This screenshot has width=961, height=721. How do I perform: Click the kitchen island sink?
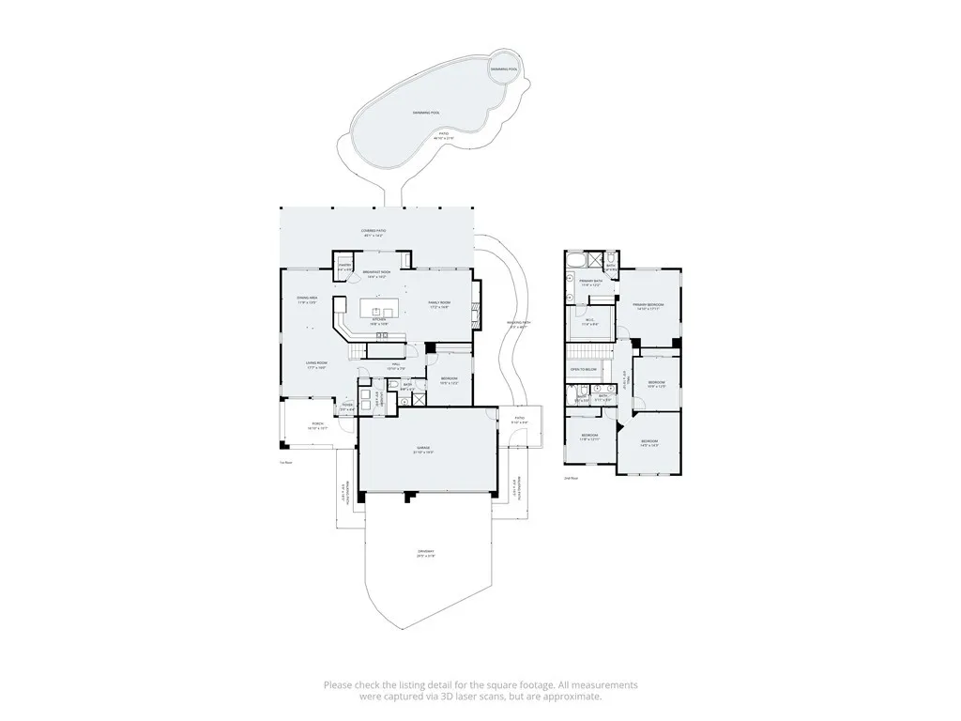tap(380, 311)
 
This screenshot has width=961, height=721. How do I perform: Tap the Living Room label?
tap(315, 364)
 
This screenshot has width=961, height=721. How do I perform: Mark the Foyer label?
tap(347, 407)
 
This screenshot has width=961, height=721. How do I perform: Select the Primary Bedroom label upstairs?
tap(648, 306)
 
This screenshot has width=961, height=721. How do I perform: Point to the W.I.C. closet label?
tap(590, 322)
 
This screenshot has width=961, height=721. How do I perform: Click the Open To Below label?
tap(584, 370)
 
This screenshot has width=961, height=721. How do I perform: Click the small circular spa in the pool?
tap(505, 69)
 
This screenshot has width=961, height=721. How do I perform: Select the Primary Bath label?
tap(590, 282)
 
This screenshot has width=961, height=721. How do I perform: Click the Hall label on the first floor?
tap(397, 364)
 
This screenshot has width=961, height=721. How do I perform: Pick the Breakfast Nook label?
tap(376, 273)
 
